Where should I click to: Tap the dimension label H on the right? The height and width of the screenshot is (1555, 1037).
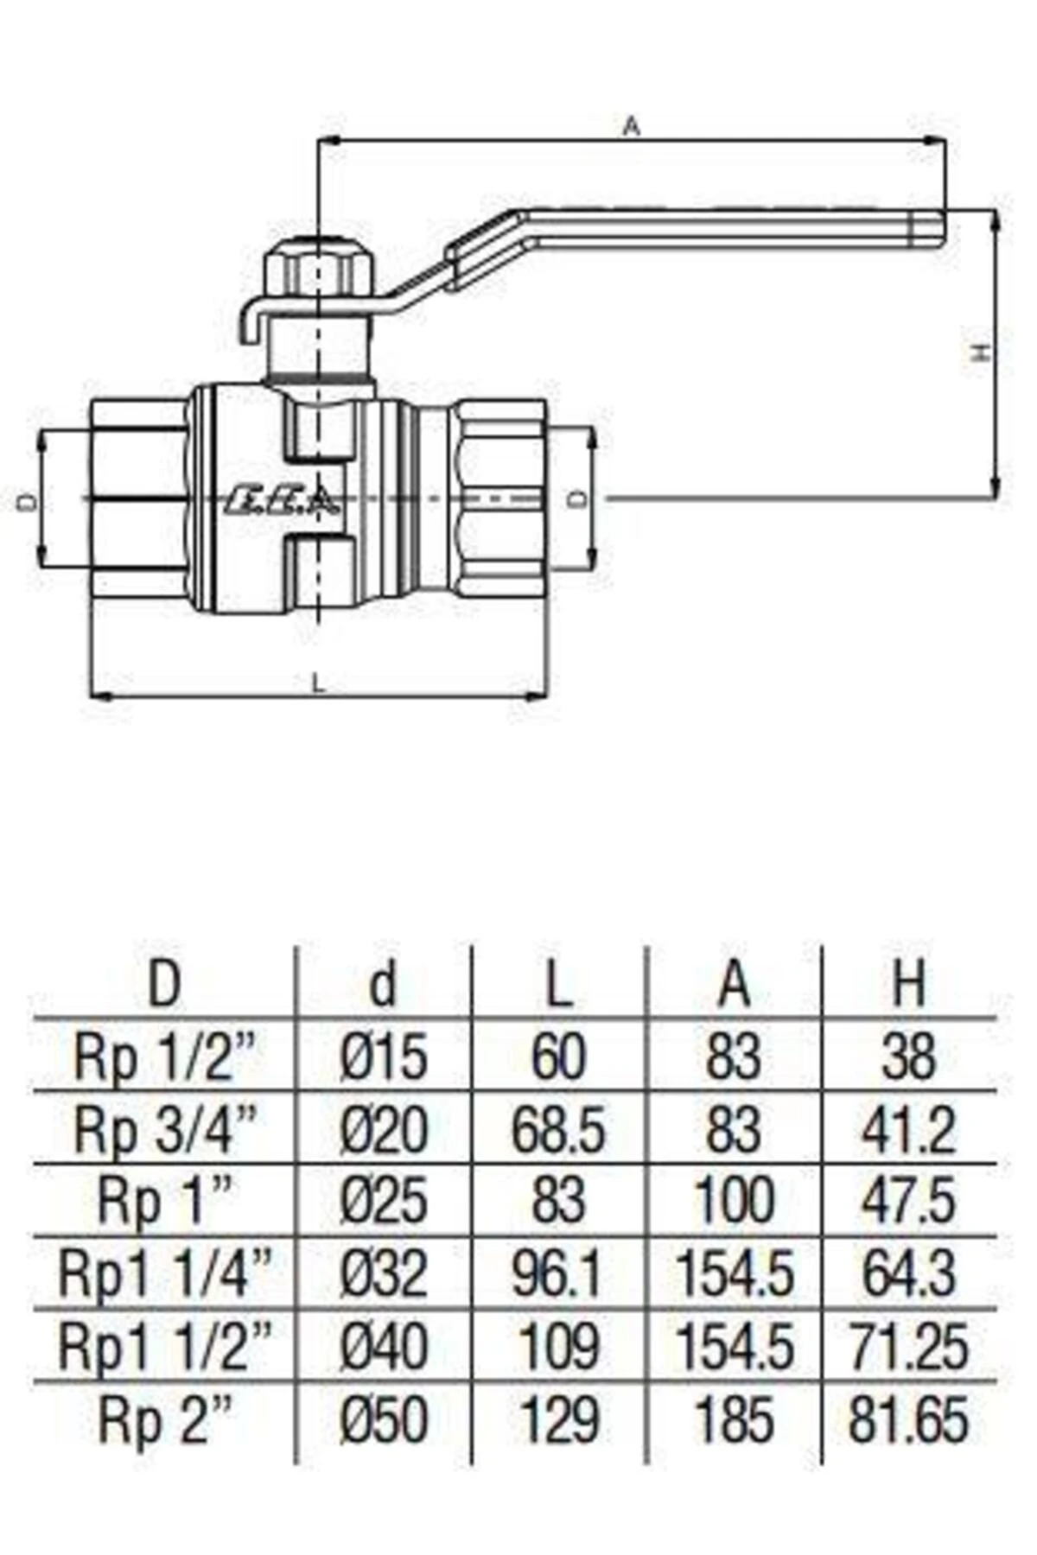pyautogui.click(x=978, y=352)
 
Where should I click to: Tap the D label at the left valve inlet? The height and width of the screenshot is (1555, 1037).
pyautogui.click(x=28, y=500)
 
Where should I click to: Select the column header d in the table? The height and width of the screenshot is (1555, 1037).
pyautogui.click(x=383, y=983)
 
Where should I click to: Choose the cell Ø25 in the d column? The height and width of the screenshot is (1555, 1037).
pyautogui.click(x=384, y=1202)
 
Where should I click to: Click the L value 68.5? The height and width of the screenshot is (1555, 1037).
pyautogui.click(x=558, y=1130)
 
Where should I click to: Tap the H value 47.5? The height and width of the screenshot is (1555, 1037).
pyautogui.click(x=908, y=1202)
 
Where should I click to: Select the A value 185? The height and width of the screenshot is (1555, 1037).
pyautogui.click(x=733, y=1419)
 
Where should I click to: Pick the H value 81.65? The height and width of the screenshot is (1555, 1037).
pyautogui.click(x=908, y=1419)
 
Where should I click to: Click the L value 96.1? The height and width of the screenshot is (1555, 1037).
pyautogui.click(x=558, y=1274)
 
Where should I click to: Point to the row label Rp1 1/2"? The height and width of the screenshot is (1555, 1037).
pyautogui.click(x=165, y=1346)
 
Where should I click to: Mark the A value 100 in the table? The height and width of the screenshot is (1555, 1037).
pyautogui.click(x=733, y=1202)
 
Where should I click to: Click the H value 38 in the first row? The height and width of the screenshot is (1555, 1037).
pyautogui.click(x=908, y=1057)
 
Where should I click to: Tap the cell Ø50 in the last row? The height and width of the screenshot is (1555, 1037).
pyautogui.click(x=384, y=1419)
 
